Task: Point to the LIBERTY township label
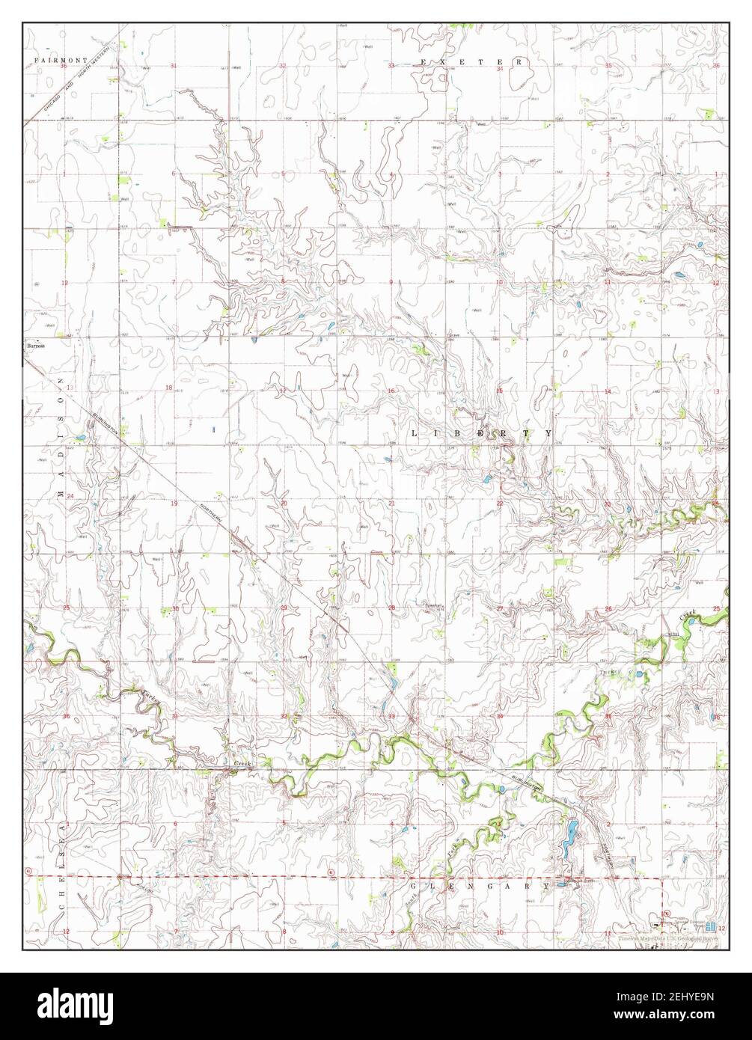click(x=483, y=433)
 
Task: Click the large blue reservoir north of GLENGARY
click(x=570, y=832)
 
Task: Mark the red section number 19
click(x=174, y=504)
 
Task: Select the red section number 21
click(x=391, y=504)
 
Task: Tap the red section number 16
click(x=391, y=391)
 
